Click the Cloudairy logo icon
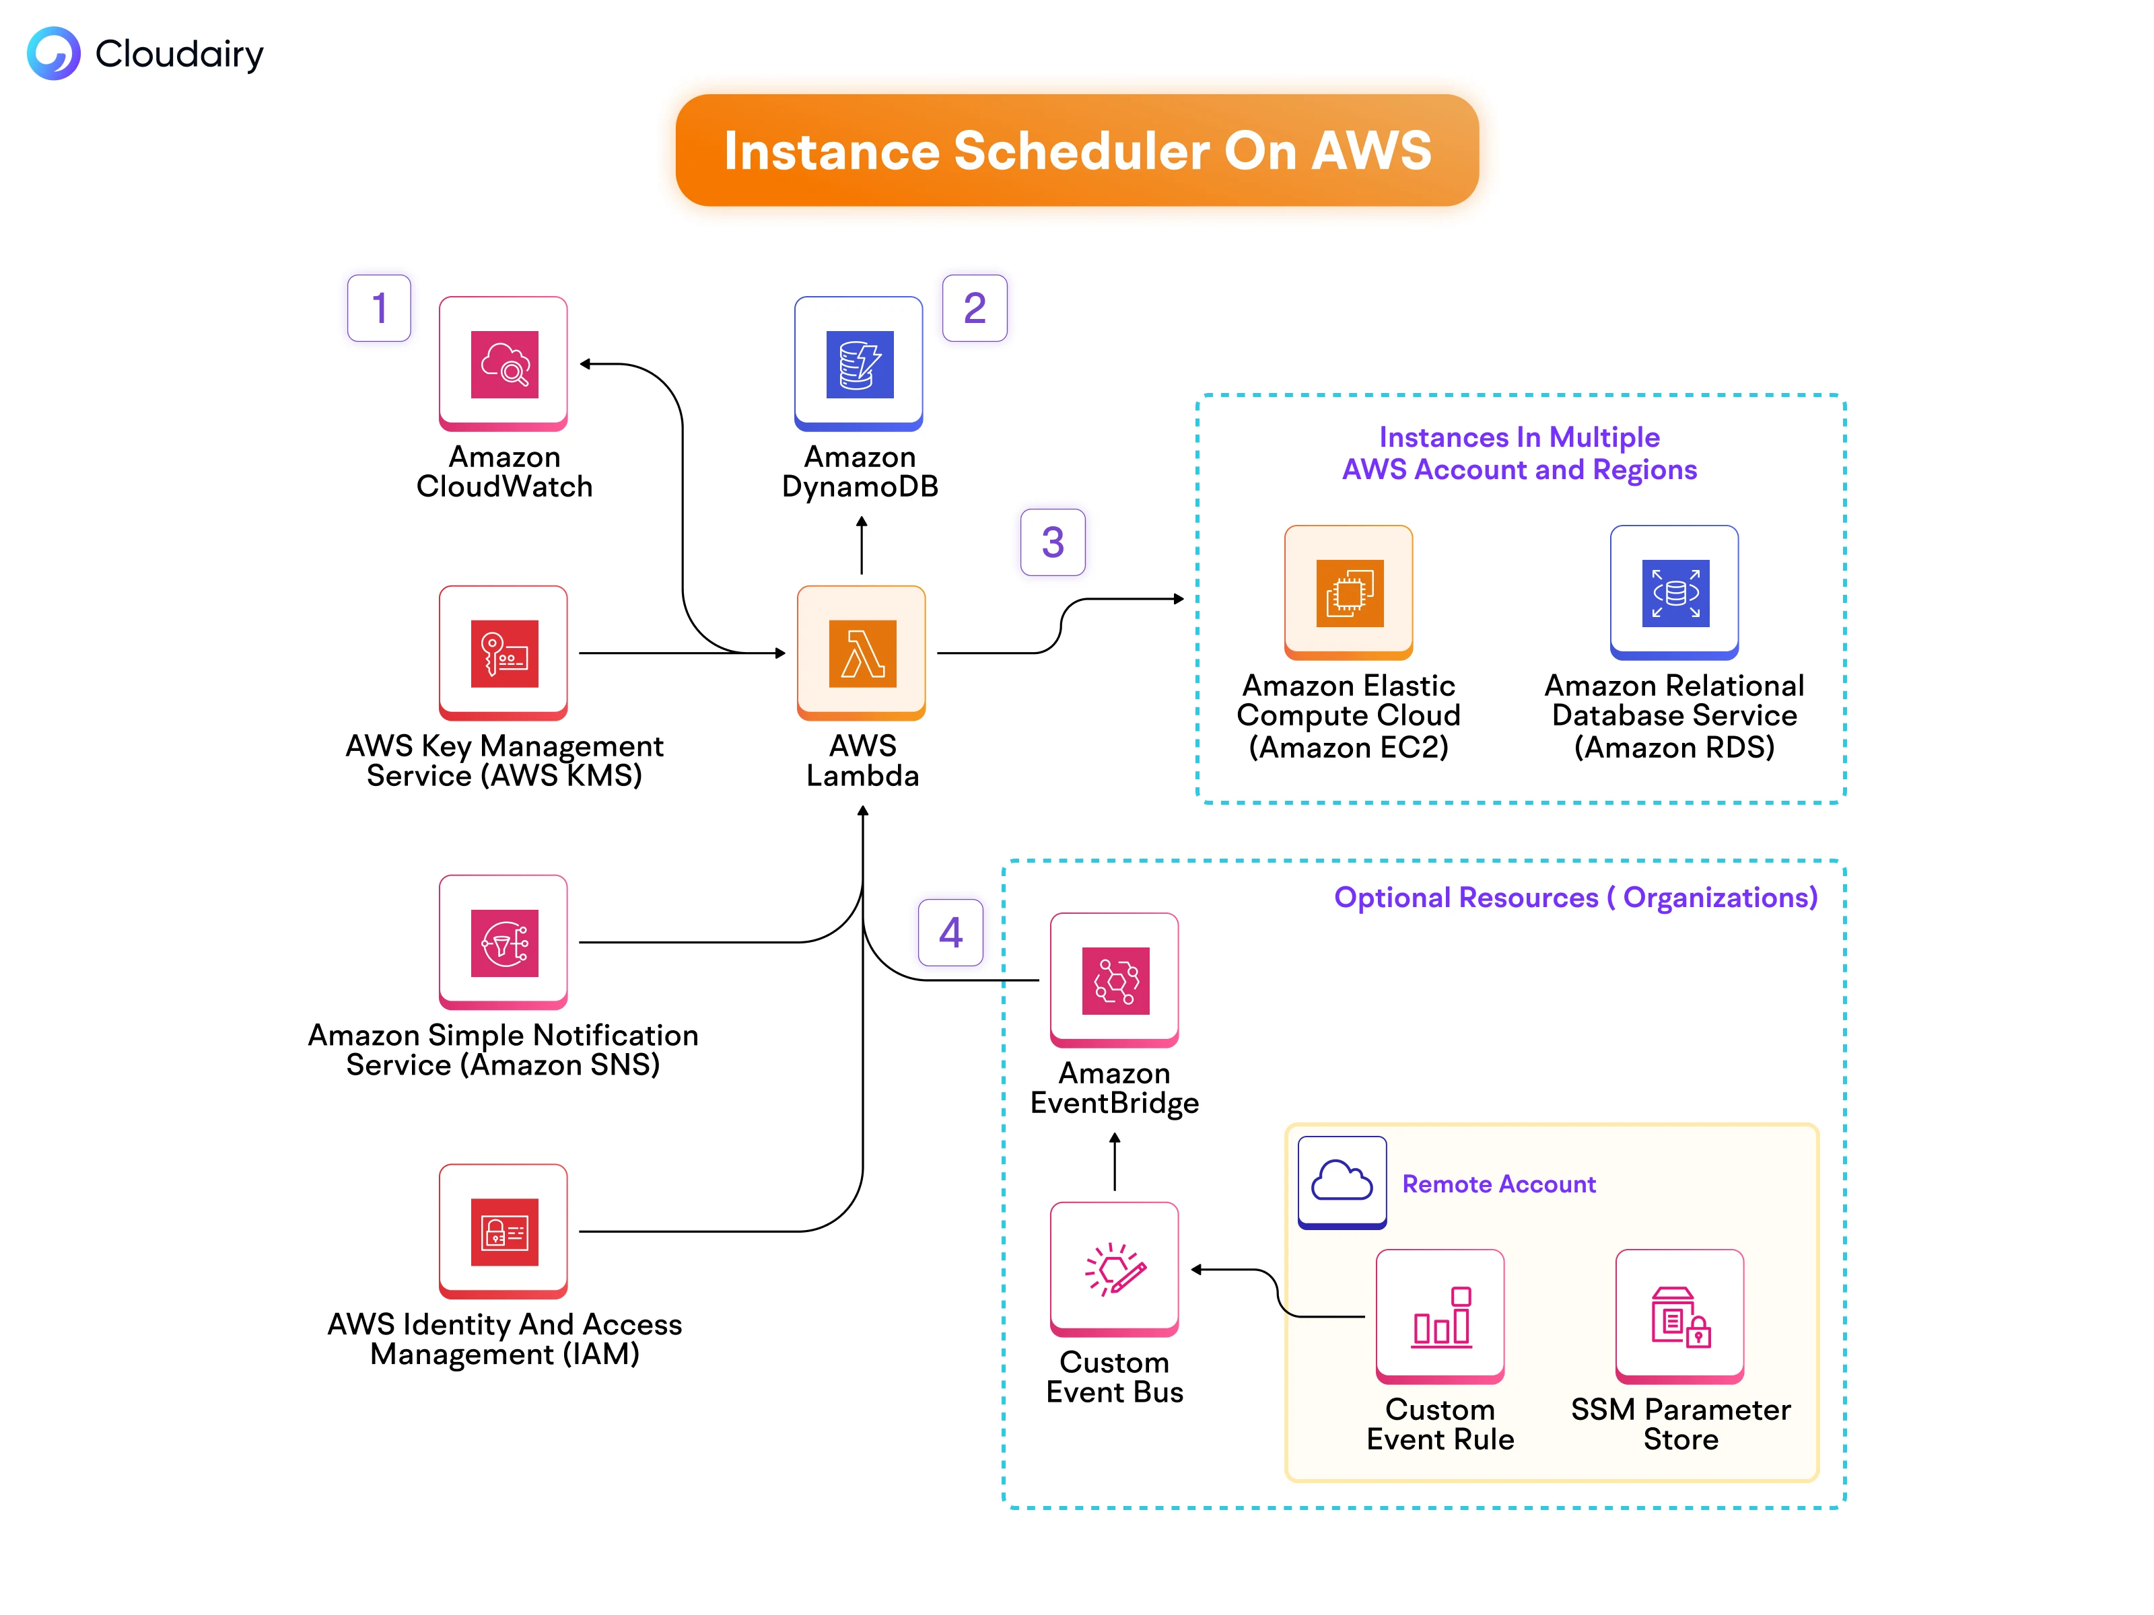[x=54, y=54]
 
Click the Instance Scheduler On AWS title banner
[x=1076, y=151]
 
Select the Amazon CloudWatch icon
[x=503, y=364]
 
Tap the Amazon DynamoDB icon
[x=859, y=364]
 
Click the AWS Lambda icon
[x=862, y=653]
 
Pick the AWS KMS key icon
[x=503, y=653]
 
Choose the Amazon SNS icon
[x=503, y=942]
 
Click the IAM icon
[x=503, y=1231]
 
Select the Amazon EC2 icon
[x=1349, y=593]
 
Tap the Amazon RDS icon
[x=1675, y=593]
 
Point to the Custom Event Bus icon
[x=1115, y=1269]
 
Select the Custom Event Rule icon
[x=1440, y=1317]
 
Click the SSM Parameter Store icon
[x=1679, y=1317]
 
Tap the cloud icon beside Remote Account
[x=1342, y=1182]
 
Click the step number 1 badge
[x=379, y=309]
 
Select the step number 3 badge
[x=1053, y=542]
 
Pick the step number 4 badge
[x=950, y=933]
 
